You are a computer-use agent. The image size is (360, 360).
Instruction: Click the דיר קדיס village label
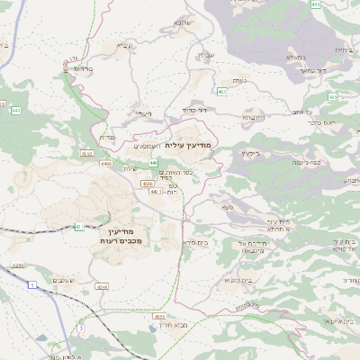point(195,110)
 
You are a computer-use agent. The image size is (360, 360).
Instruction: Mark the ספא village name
point(229,207)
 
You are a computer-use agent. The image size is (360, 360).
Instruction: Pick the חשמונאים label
point(147,146)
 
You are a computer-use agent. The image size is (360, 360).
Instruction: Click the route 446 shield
point(153,163)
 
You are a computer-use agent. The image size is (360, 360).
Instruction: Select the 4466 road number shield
point(105,164)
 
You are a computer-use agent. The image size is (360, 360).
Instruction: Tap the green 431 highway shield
point(79,227)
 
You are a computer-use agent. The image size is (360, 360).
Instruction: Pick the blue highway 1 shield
point(32,284)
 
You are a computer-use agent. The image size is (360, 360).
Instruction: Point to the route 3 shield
point(80,329)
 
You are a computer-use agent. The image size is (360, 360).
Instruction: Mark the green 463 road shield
point(221,92)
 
